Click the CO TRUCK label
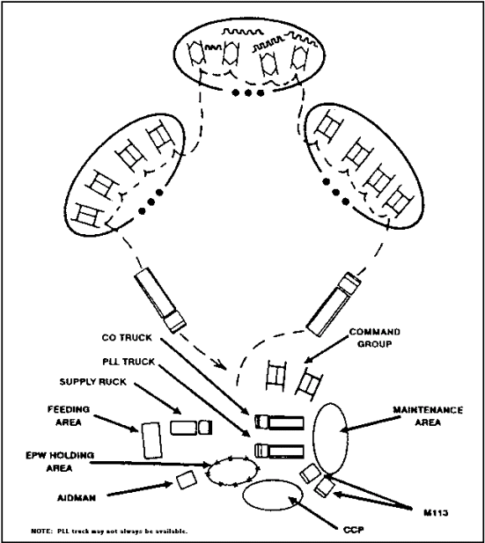(127, 338)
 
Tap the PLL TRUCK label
(129, 362)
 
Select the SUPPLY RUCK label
(92, 382)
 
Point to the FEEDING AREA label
(69, 416)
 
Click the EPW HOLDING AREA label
(60, 462)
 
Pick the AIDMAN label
(77, 498)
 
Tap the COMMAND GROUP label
(374, 338)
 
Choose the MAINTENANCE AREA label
(428, 416)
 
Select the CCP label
(354, 530)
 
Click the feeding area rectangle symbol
(151, 440)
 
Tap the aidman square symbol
(187, 481)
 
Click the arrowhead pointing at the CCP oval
(292, 500)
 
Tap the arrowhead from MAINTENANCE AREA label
(343, 430)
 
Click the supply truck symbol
(191, 428)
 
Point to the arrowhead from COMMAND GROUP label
(307, 359)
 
